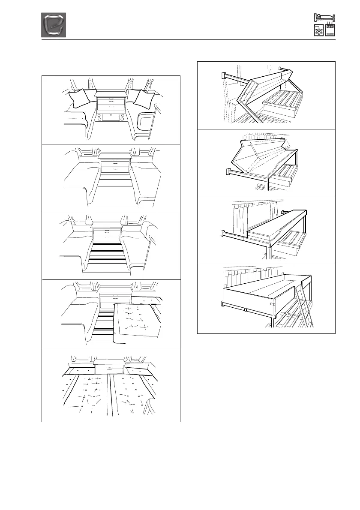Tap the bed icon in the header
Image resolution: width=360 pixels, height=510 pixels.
click(x=325, y=18)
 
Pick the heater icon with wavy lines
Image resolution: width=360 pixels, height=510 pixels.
click(x=330, y=31)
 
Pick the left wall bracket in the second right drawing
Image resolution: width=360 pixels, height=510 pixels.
click(x=230, y=173)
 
